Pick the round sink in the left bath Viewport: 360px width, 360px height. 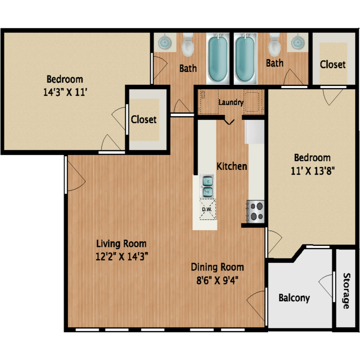pyautogui.click(x=164, y=42)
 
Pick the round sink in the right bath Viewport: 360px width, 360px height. pyautogui.click(x=298, y=42)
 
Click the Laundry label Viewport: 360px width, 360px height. pyautogui.click(x=231, y=102)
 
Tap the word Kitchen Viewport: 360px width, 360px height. pyautogui.click(x=232, y=166)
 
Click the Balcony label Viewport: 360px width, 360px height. pyautogui.click(x=294, y=298)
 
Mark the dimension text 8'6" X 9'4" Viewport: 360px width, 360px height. pyautogui.click(x=217, y=280)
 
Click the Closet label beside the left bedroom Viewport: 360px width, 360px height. pyautogui.click(x=143, y=119)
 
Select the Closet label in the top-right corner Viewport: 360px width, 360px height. pyautogui.click(x=333, y=64)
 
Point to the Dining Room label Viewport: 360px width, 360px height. pyautogui.click(x=217, y=267)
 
